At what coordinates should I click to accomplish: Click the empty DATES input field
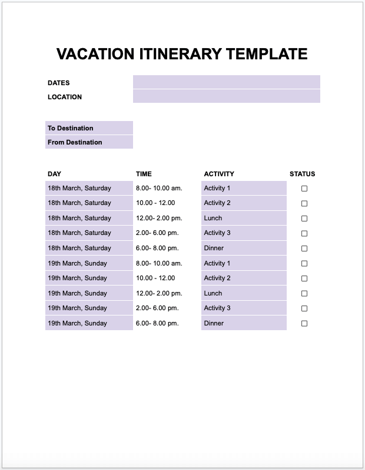(x=226, y=82)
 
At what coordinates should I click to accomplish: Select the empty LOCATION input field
(x=226, y=96)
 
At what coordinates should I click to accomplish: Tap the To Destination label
(x=71, y=128)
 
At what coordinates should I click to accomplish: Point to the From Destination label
(x=75, y=142)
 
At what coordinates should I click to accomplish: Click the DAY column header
(x=54, y=174)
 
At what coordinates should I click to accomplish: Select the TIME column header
(x=144, y=174)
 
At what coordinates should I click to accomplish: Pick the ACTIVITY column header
(x=219, y=174)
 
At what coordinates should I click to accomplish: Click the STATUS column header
(x=302, y=174)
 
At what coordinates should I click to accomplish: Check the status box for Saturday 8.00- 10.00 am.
(x=304, y=189)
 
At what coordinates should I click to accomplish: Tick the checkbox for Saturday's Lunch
(x=304, y=219)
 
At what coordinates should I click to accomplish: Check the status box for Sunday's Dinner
(x=304, y=323)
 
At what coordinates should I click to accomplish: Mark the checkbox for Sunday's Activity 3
(x=304, y=308)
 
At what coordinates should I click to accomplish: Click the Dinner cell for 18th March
(x=214, y=248)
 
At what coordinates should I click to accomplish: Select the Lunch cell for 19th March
(x=213, y=293)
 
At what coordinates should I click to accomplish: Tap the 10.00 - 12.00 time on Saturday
(x=155, y=203)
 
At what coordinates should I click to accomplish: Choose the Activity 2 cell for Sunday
(x=217, y=278)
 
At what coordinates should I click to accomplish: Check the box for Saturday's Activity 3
(x=304, y=233)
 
